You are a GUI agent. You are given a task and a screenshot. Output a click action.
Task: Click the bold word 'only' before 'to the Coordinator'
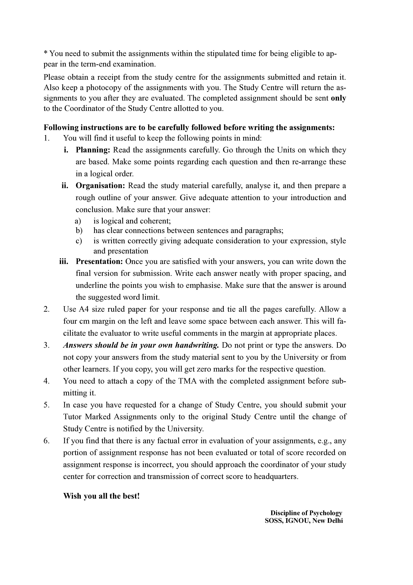click(338, 98)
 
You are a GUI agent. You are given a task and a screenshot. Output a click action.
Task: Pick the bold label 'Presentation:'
click(99, 261)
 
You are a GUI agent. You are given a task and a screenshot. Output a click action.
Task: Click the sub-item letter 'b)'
click(79, 231)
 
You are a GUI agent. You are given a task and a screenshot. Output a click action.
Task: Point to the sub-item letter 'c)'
click(79, 241)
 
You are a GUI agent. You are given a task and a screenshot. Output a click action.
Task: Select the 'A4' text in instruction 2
click(84, 309)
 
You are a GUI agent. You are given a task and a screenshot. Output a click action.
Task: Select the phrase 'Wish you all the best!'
click(101, 496)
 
